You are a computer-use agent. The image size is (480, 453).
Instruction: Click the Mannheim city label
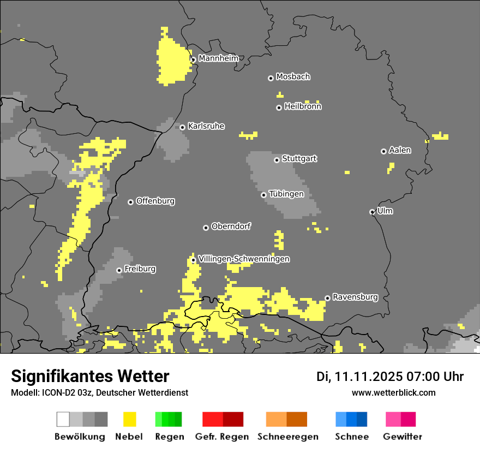[218, 58]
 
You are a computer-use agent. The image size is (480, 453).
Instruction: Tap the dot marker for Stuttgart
[277, 160]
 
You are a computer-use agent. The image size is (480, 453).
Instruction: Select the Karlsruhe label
[206, 126]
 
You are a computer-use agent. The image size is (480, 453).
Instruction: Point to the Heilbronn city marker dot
[279, 108]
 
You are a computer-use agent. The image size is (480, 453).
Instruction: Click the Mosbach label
[293, 77]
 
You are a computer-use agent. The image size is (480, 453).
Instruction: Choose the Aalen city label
[400, 150]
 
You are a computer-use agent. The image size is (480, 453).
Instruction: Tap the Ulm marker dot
[372, 212]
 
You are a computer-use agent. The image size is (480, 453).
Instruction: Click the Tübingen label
[286, 194]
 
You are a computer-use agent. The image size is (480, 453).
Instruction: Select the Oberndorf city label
[231, 226]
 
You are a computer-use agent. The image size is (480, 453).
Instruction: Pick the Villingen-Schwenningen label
[244, 259]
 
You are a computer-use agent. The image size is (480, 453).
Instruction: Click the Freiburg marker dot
[119, 270]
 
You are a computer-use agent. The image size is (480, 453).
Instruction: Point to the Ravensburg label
[355, 297]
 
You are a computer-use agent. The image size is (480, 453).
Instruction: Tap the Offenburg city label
[155, 201]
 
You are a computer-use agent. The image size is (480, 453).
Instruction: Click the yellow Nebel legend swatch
[130, 419]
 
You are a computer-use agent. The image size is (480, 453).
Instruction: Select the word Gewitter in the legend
[403, 437]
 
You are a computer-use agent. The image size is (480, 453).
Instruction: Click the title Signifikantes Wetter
[90, 376]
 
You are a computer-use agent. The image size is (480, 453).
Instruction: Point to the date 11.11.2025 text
[369, 377]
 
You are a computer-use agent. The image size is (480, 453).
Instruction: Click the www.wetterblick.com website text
[393, 392]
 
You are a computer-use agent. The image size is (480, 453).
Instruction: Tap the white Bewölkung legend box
[63, 419]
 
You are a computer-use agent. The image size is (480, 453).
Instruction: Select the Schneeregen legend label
[287, 437]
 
